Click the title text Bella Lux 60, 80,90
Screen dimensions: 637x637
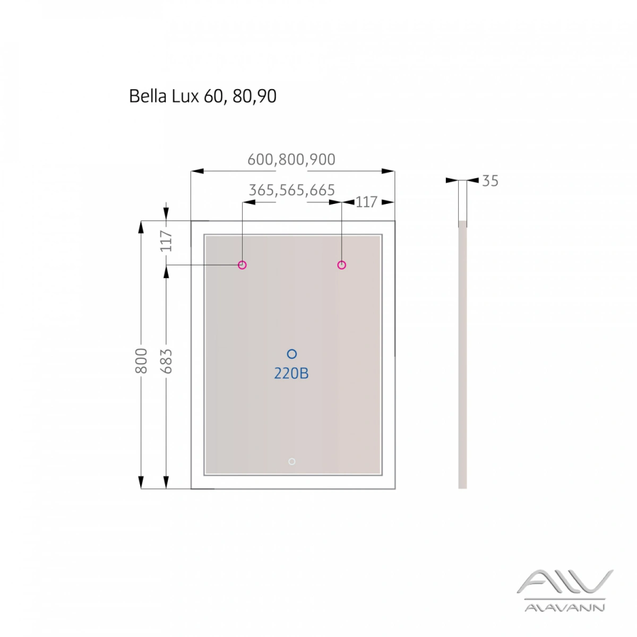(202, 96)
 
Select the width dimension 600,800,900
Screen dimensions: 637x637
(291, 160)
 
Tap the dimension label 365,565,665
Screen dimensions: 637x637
(291, 190)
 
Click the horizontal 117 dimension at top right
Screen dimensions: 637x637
(366, 202)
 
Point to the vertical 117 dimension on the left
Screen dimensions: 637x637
(166, 240)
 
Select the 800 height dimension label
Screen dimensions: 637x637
(141, 360)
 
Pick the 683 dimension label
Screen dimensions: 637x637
(166, 361)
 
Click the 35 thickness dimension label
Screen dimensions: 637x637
(490, 181)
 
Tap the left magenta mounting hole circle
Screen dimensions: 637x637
(242, 265)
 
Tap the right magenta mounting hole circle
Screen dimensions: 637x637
(341, 265)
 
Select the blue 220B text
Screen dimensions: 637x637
(291, 374)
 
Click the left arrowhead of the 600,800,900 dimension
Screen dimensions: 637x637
(197, 171)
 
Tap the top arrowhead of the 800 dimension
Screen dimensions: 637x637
(141, 227)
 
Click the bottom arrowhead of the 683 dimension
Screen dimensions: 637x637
(166, 483)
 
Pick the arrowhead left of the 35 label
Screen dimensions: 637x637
(452, 180)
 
